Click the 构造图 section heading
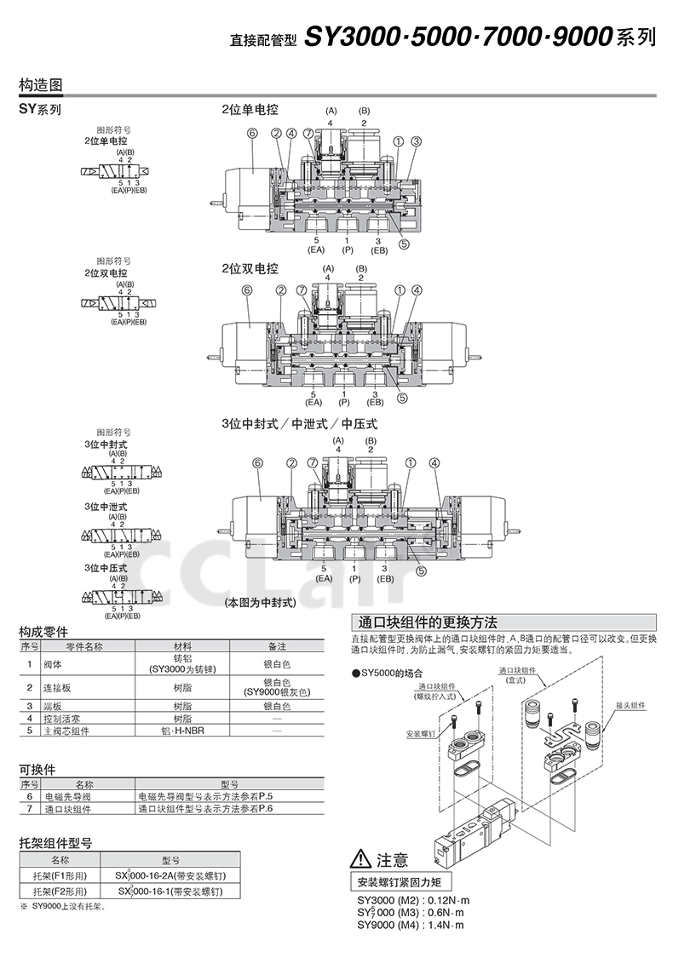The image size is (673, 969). pyautogui.click(x=40, y=86)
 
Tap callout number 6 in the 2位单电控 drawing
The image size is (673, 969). pyautogui.click(x=252, y=133)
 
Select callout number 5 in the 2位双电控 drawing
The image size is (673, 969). pyautogui.click(x=403, y=396)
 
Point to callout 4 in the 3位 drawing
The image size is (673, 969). pyautogui.click(x=434, y=463)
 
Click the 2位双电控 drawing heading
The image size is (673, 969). pyautogui.click(x=250, y=268)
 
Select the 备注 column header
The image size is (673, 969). pyautogui.click(x=277, y=646)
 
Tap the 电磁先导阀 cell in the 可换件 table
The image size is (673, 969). pyautogui.click(x=68, y=796)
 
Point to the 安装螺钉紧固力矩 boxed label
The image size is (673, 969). pyautogui.click(x=400, y=881)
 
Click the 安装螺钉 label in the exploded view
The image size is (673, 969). pyautogui.click(x=421, y=731)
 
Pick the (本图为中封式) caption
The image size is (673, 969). pyautogui.click(x=260, y=602)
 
